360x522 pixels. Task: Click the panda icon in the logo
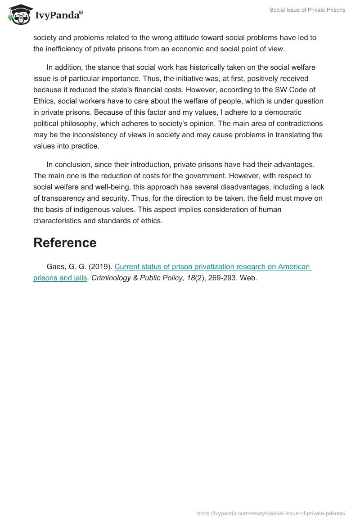[x=19, y=15]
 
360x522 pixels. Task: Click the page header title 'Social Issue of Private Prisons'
[x=308, y=10]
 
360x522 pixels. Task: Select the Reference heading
[x=65, y=243]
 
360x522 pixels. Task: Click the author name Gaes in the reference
[x=55, y=266]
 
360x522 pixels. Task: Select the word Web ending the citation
[x=248, y=278]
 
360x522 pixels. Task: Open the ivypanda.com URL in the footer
[x=271, y=513]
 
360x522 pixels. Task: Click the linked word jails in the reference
[x=80, y=278]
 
